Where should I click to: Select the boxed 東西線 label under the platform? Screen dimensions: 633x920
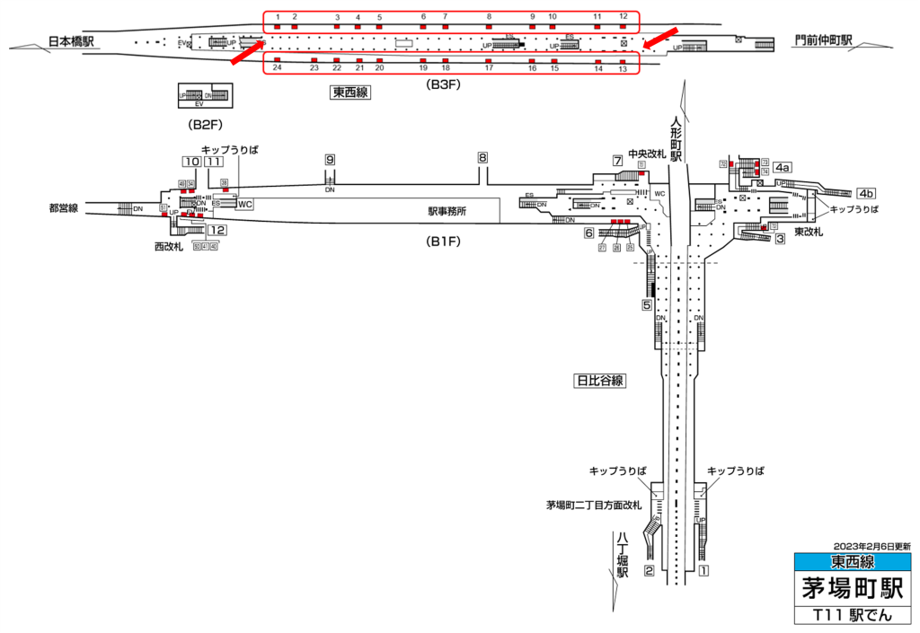pos(350,92)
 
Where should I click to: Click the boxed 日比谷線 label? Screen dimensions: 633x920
pos(598,381)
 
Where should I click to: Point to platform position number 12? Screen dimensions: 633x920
pos(623,17)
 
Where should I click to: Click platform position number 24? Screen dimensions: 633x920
pos(278,68)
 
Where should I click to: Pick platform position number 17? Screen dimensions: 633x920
pos(489,68)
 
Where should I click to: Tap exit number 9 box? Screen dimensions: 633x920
pos(330,159)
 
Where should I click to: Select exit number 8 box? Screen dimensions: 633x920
pos(482,157)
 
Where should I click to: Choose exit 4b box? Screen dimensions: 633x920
pos(866,193)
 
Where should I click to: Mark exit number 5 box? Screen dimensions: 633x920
pos(646,305)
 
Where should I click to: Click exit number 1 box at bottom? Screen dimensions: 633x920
pos(704,570)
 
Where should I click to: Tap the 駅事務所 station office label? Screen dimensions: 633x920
pos(447,212)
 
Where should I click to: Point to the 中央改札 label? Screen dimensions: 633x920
pos(647,154)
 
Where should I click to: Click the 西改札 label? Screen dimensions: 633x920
pos(171,245)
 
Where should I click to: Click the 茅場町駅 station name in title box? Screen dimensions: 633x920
pos(853,590)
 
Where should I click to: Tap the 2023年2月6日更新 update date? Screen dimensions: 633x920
pos(871,546)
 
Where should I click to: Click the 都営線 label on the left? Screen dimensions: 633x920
pos(64,208)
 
